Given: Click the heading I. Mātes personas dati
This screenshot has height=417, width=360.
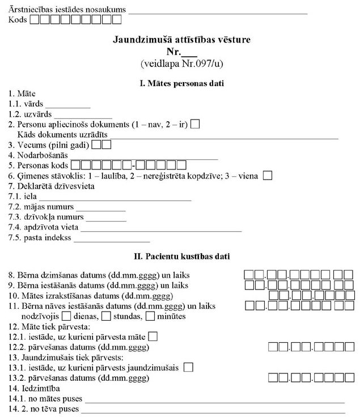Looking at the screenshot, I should (x=181, y=83).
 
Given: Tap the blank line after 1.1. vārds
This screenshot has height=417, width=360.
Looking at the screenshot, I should (x=67, y=106).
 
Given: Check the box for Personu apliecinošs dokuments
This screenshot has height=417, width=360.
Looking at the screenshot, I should (x=195, y=124).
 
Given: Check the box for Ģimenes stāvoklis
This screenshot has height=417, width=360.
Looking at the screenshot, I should (x=268, y=176).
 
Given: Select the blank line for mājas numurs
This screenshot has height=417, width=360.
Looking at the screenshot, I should (x=100, y=208).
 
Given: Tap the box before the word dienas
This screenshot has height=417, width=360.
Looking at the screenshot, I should (x=66, y=316).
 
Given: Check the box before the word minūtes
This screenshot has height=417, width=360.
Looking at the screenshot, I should (x=150, y=316).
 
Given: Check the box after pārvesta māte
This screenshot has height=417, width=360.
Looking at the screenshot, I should (x=153, y=337).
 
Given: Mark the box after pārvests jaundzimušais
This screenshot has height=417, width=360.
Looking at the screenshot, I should (x=188, y=367).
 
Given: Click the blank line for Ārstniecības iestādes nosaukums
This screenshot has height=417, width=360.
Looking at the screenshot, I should (x=218, y=11).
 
